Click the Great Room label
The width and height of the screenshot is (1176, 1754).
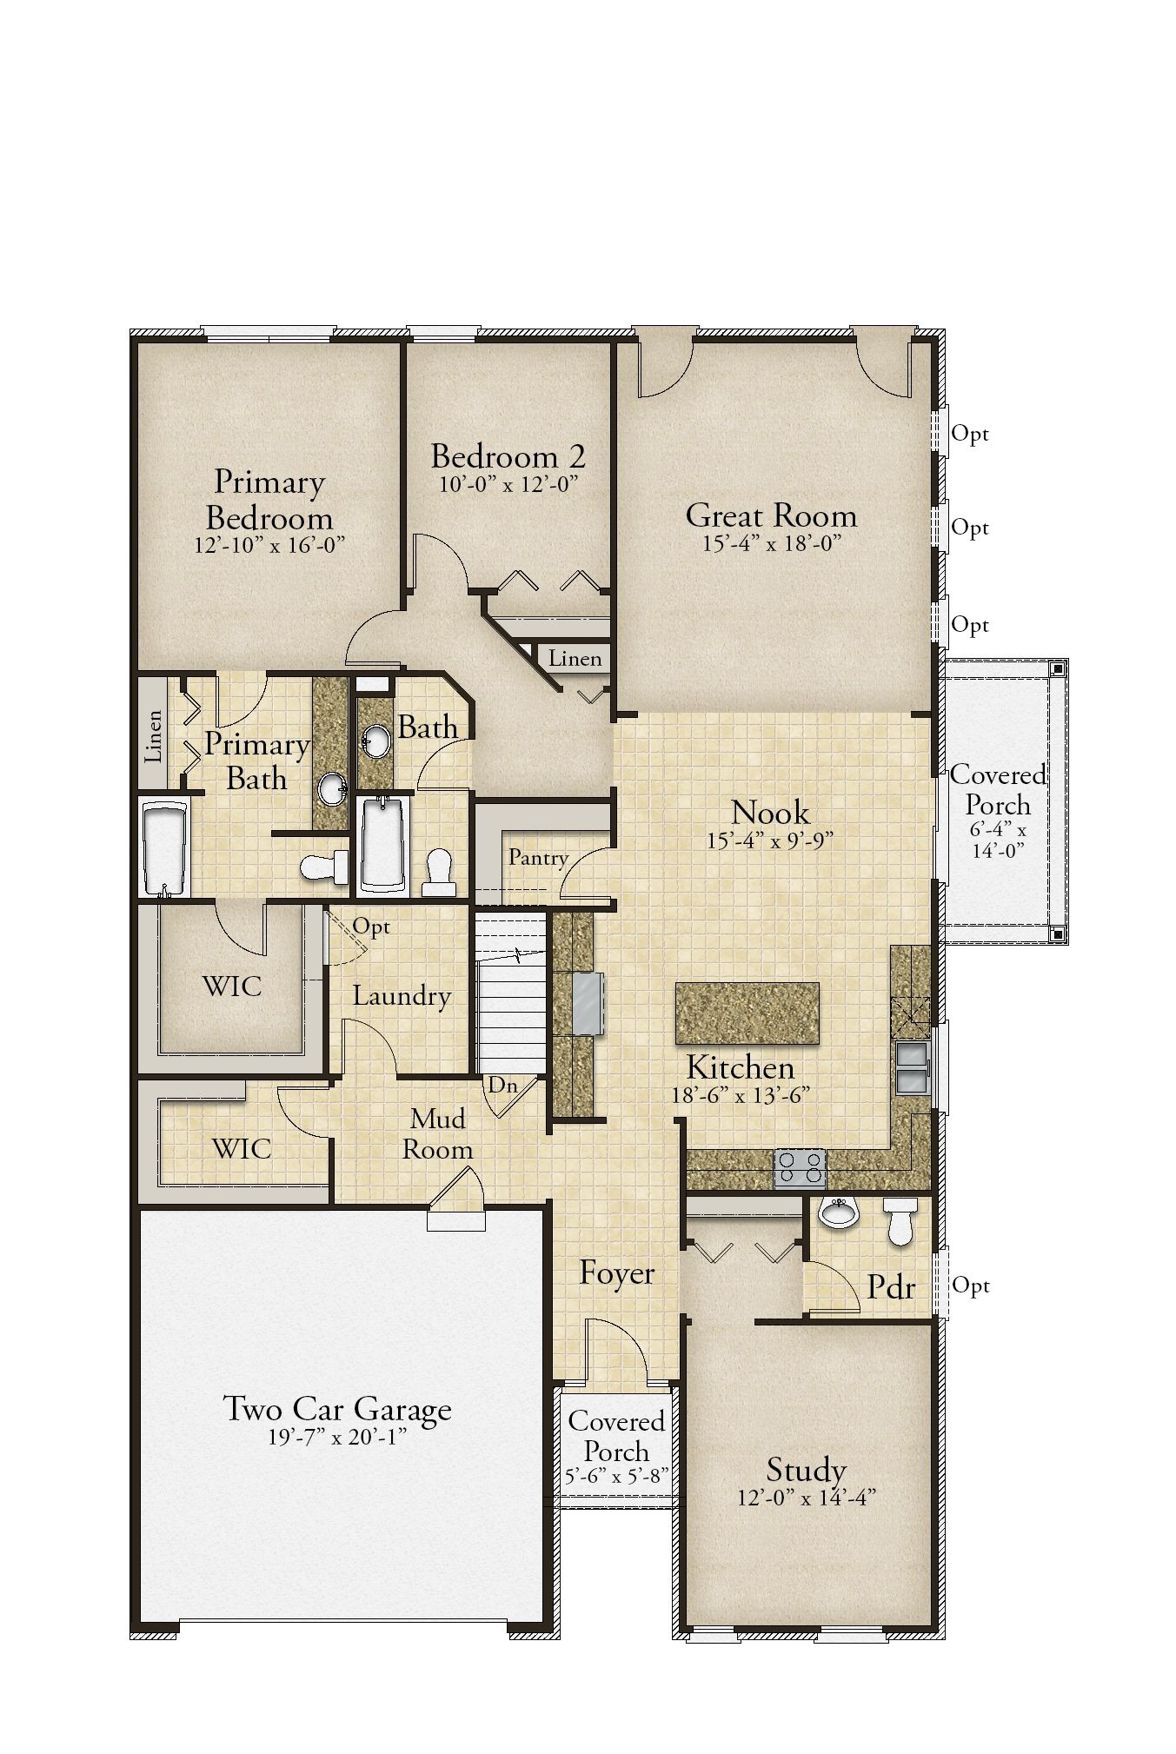click(x=771, y=515)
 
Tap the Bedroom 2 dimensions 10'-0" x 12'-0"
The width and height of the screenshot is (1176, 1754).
click(x=508, y=483)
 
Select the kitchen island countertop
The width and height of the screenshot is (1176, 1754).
click(x=747, y=1013)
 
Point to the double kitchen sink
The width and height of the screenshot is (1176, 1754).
click(x=911, y=1066)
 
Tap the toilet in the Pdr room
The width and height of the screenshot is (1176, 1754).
click(x=900, y=1220)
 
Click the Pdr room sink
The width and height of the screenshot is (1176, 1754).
click(x=838, y=1212)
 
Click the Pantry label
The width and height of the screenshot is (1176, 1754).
click(x=538, y=858)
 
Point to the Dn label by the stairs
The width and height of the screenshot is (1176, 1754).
click(x=502, y=1084)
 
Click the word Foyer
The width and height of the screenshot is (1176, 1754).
click(x=617, y=1273)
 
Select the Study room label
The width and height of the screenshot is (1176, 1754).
click(x=806, y=1470)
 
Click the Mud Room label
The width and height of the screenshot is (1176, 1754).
click(x=438, y=1133)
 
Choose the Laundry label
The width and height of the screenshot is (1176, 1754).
click(x=402, y=996)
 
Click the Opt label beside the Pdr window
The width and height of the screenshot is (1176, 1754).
click(x=971, y=1285)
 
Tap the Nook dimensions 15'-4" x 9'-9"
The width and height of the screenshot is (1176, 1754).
click(x=771, y=840)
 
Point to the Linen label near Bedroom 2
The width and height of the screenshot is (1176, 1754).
click(x=575, y=658)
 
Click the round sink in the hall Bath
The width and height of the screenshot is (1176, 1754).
click(x=375, y=741)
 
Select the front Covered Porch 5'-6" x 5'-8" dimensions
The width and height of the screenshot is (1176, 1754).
click(x=616, y=1476)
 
